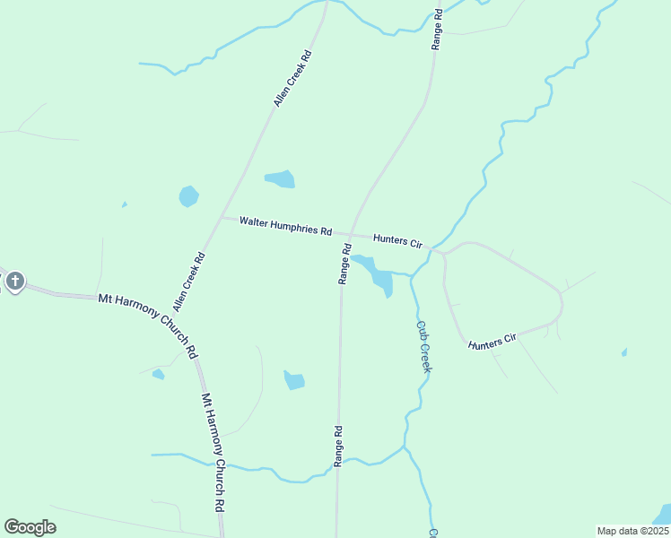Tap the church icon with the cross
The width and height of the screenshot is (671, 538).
coord(15,282)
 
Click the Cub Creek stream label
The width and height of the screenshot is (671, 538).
coord(424,347)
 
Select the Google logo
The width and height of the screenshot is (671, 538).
coord(30,527)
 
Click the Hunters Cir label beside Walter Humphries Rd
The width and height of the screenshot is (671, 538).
coord(397,240)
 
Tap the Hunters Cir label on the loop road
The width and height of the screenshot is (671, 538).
coord(492,340)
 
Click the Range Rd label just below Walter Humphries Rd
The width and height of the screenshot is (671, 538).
coord(344,263)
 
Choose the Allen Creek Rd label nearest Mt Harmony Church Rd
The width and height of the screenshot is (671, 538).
coord(189,282)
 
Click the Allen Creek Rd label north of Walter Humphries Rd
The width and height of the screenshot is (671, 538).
coord(292,79)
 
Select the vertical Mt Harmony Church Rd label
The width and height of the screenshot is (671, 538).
coord(213,451)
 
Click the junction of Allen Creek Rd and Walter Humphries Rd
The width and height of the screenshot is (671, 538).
coord(222,217)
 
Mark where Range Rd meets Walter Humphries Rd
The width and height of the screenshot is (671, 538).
coord(350,234)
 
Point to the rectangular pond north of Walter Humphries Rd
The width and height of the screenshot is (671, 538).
coord(280,179)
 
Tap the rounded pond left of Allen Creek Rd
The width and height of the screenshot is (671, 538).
coord(188,195)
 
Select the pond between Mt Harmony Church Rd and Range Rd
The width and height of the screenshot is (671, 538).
coord(294,380)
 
